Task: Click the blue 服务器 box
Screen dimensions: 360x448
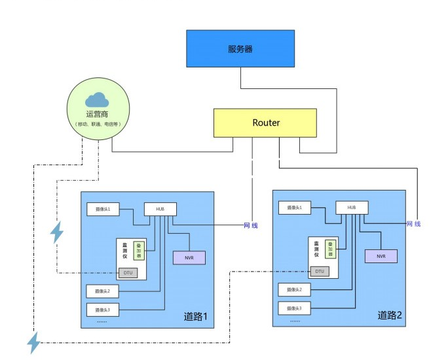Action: point(240,48)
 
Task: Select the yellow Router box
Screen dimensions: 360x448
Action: point(265,123)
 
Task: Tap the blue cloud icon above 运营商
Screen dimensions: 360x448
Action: point(98,99)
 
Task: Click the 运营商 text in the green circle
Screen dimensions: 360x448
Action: point(98,114)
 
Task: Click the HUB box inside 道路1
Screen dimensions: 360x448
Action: point(160,208)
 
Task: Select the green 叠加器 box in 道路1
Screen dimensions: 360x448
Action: point(138,249)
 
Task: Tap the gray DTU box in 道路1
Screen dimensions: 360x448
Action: point(128,272)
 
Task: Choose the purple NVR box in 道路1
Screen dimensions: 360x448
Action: point(189,258)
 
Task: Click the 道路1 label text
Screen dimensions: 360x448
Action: point(195,317)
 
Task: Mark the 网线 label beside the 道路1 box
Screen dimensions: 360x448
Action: point(250,226)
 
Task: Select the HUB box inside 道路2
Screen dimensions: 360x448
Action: point(352,207)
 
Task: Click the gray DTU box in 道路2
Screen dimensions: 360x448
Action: point(320,270)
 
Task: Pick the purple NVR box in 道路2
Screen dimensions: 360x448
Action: point(381,256)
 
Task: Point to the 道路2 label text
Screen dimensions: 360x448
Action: point(389,315)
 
